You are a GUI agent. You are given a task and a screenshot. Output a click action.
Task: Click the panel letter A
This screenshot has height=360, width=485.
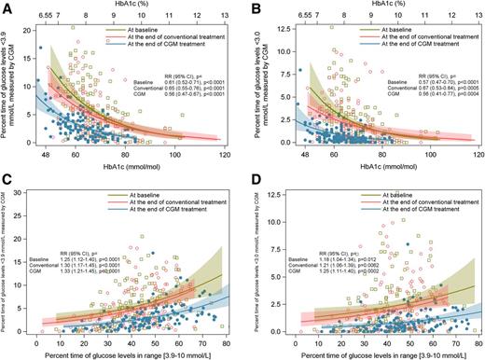click(x=7, y=8)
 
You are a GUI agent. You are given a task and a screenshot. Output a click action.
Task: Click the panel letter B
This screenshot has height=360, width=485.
click(x=251, y=8)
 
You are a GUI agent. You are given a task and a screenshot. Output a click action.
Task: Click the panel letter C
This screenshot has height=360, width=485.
click(x=7, y=188)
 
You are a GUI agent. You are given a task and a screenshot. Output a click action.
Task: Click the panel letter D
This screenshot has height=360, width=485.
click(x=251, y=188)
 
